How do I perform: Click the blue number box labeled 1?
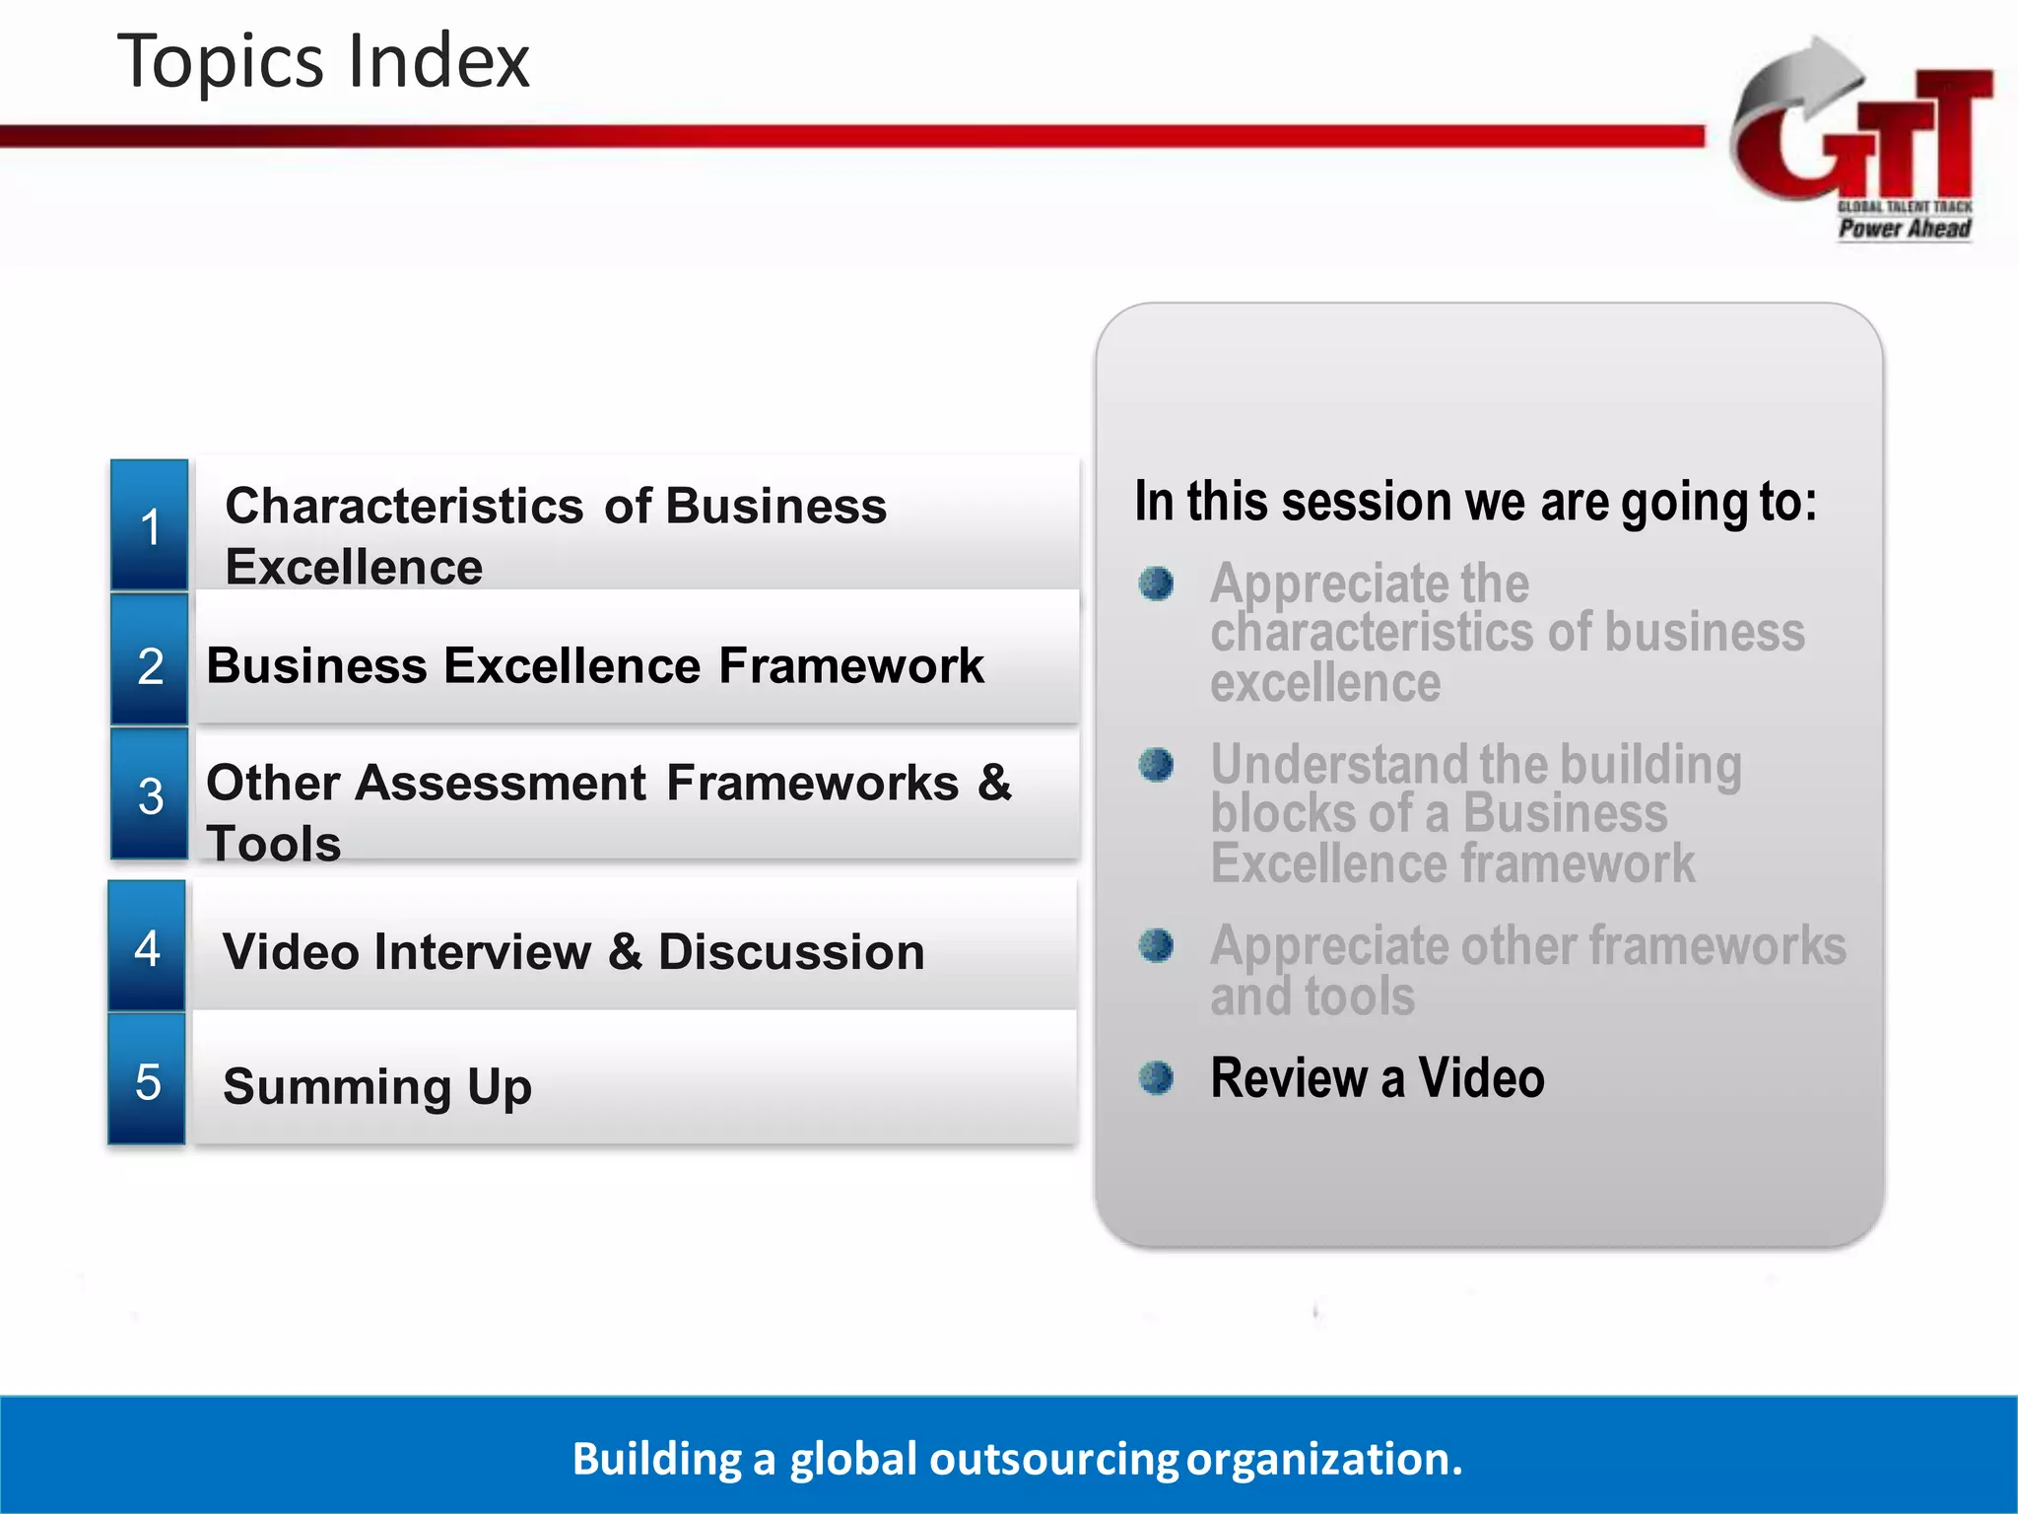(150, 525)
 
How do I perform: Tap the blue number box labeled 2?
(150, 662)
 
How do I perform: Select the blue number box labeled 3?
(150, 793)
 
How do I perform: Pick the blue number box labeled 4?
(147, 947)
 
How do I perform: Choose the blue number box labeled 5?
(147, 1080)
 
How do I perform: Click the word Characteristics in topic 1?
(405, 506)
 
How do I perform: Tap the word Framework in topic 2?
(851, 665)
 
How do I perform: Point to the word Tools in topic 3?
(274, 844)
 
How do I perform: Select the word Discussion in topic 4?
(791, 952)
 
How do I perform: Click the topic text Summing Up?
(377, 1086)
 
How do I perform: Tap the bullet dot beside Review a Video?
(1156, 1077)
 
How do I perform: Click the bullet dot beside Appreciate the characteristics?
(1156, 584)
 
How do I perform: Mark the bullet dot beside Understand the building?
(1156, 764)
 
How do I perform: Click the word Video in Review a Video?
(1481, 1077)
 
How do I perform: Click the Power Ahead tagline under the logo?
(1904, 229)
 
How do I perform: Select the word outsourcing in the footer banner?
(1053, 1459)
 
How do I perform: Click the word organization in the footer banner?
(1323, 1459)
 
